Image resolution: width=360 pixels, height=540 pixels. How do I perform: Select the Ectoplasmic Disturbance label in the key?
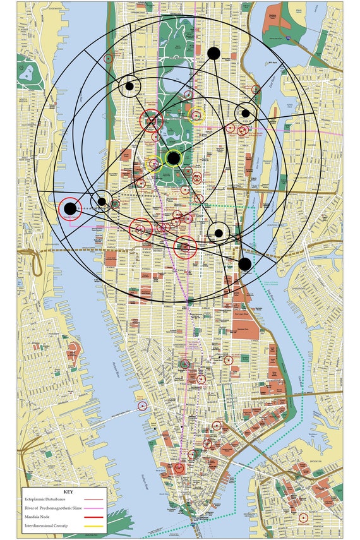pyautogui.click(x=47, y=499)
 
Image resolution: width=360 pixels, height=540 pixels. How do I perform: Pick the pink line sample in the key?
pyautogui.click(x=97, y=508)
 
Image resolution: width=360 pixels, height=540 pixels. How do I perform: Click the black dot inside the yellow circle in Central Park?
pyautogui.click(x=173, y=158)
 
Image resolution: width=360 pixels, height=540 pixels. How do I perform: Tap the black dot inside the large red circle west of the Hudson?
pyautogui.click(x=70, y=208)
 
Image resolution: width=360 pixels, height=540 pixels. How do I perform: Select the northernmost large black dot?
pyautogui.click(x=213, y=53)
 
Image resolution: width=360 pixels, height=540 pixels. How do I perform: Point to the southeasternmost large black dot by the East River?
pyautogui.click(x=245, y=264)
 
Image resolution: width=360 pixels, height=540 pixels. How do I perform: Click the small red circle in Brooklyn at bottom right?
pyautogui.click(x=303, y=518)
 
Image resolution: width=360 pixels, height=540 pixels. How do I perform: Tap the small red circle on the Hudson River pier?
pyautogui.click(x=142, y=405)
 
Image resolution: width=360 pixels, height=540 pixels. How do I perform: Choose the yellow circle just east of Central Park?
pyautogui.click(x=196, y=115)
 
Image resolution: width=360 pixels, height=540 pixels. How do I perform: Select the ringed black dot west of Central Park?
pyautogui.click(x=129, y=87)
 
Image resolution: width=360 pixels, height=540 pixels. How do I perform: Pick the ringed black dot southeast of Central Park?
pyautogui.click(x=219, y=233)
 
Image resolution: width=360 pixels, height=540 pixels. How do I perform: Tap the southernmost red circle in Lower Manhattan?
pyautogui.click(x=179, y=468)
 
